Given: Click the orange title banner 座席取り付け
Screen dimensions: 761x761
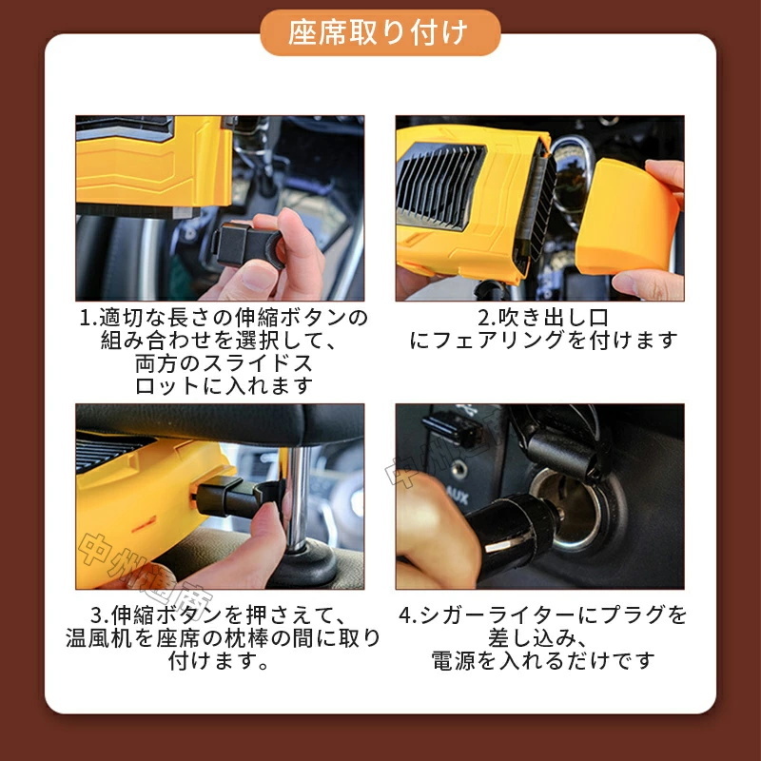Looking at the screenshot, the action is [380, 32].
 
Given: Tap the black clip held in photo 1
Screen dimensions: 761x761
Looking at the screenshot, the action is [247, 245].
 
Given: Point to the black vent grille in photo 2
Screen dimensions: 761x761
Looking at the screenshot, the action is [439, 185].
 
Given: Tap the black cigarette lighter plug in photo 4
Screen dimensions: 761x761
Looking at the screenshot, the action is [514, 534].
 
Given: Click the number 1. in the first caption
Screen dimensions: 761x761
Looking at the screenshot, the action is [88, 318].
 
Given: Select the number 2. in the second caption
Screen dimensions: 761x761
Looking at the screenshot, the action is [486, 318].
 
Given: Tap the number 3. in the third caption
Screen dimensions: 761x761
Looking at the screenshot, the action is [100, 615].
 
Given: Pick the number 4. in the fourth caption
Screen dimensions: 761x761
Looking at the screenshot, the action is [409, 615].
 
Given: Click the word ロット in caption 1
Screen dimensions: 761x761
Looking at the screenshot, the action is [167, 386].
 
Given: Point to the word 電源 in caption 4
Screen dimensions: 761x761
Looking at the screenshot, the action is [453, 660].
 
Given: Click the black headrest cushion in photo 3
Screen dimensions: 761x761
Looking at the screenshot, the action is [220, 423].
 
